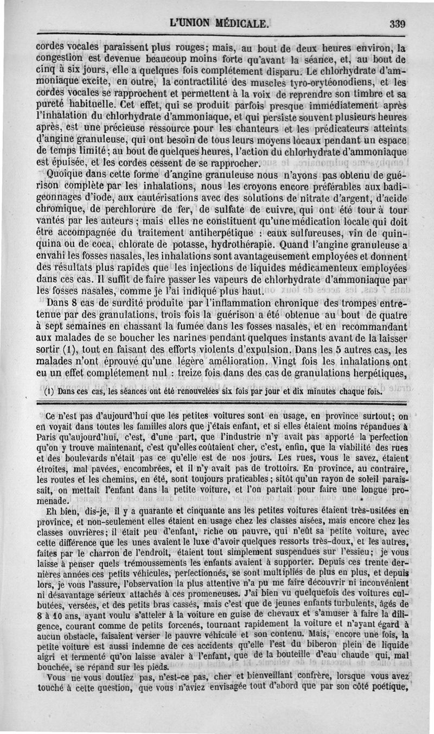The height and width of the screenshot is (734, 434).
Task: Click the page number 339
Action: tap(398, 24)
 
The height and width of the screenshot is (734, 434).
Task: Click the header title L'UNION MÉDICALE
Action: tap(219, 24)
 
